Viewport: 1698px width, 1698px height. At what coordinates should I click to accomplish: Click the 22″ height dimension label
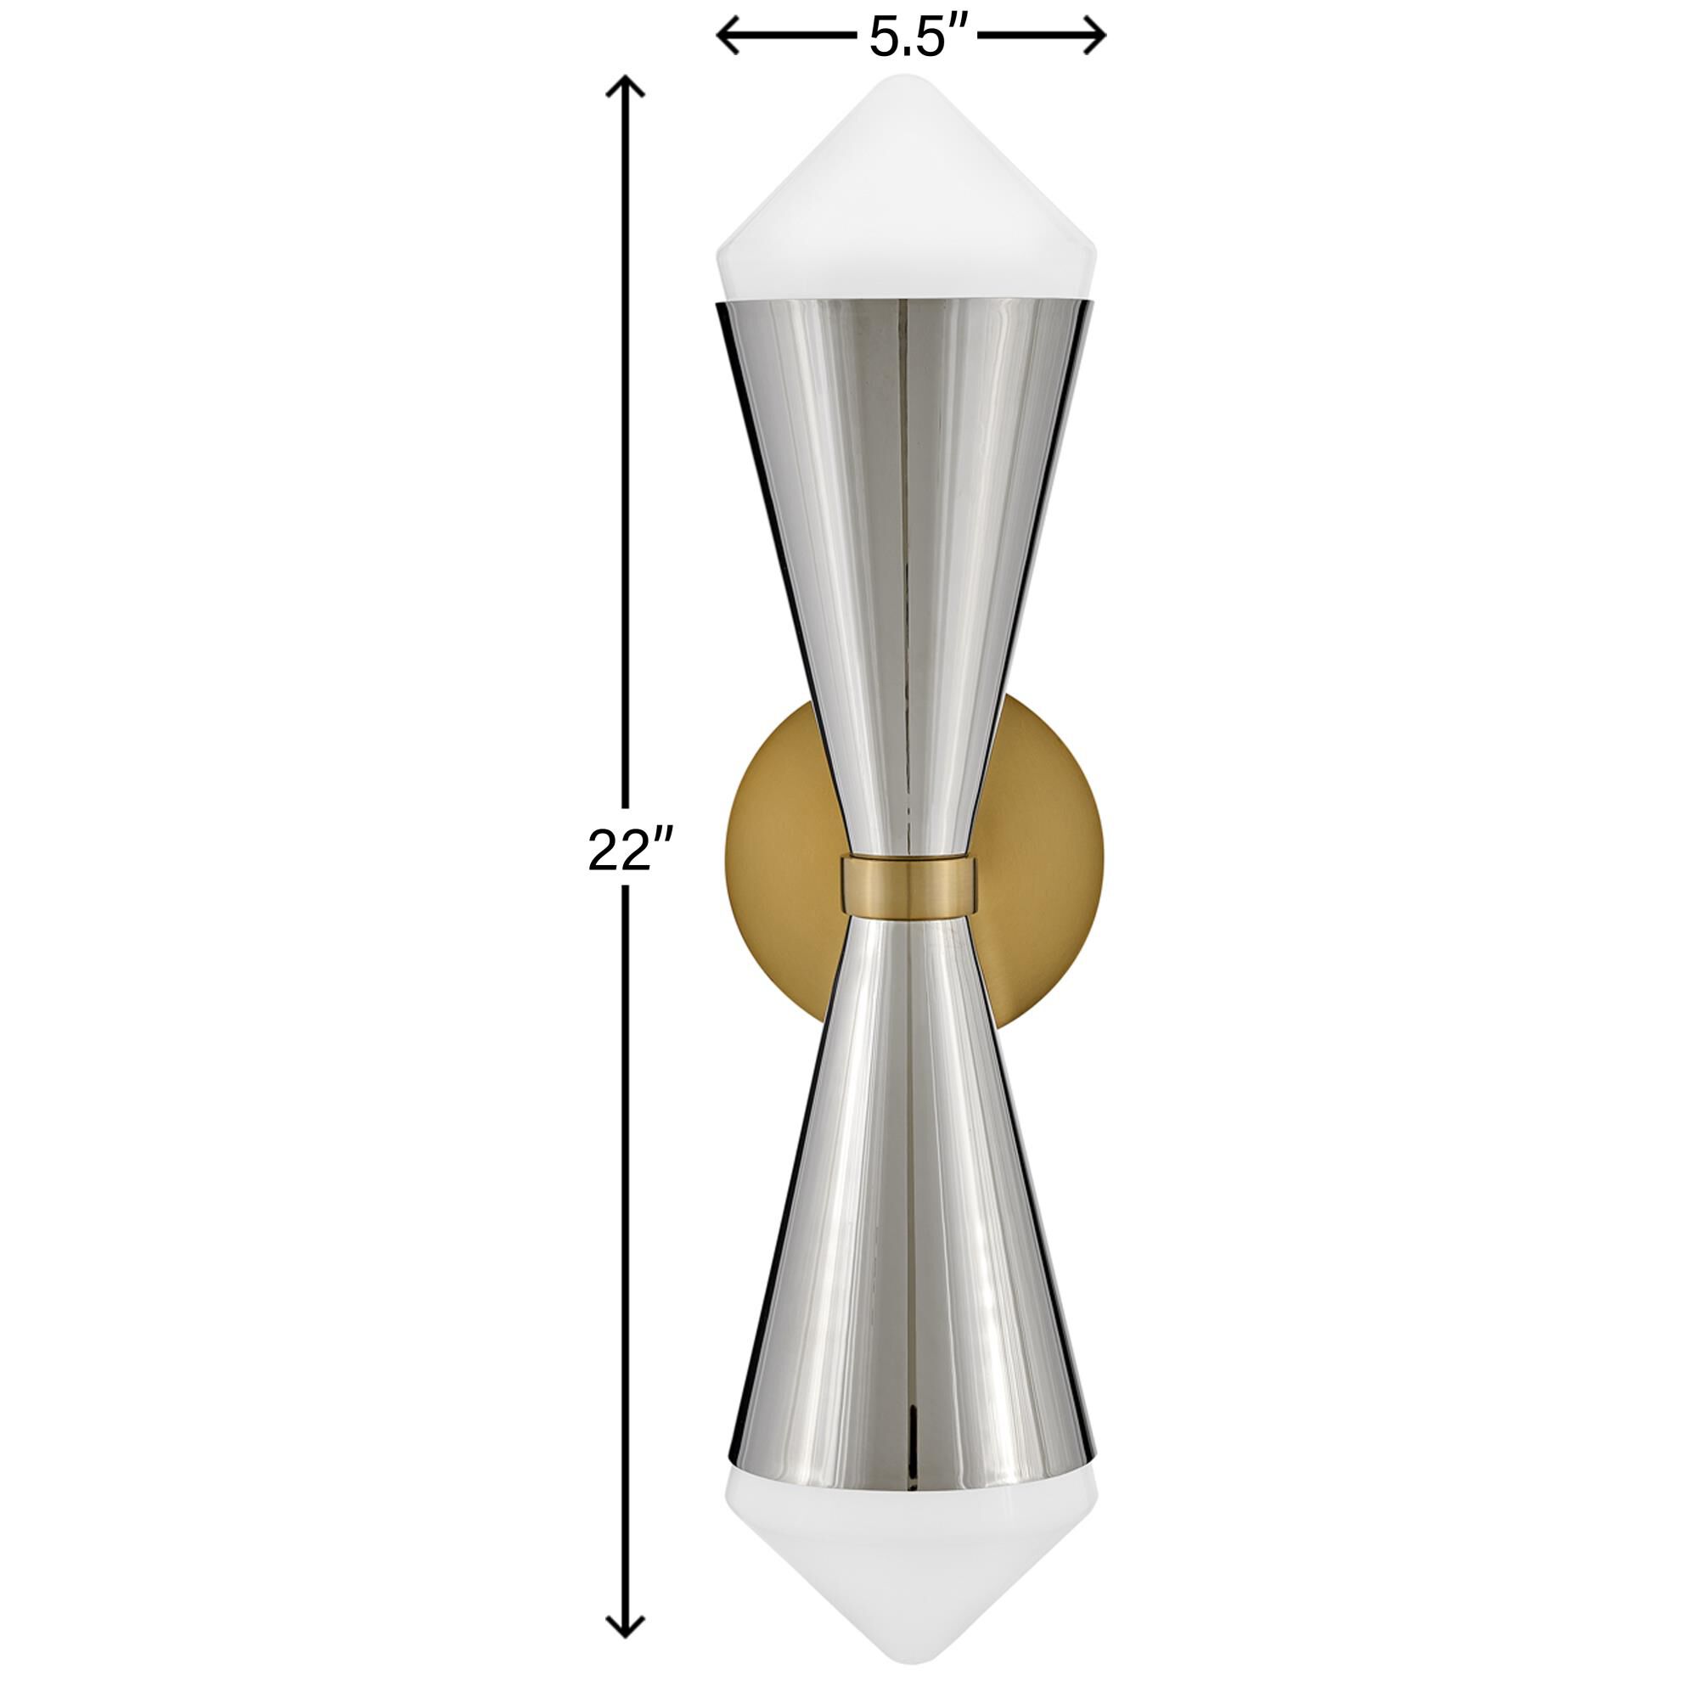(629, 851)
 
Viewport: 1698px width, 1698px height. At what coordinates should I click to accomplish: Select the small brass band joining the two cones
(908, 884)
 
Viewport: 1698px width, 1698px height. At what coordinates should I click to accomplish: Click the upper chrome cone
(906, 527)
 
